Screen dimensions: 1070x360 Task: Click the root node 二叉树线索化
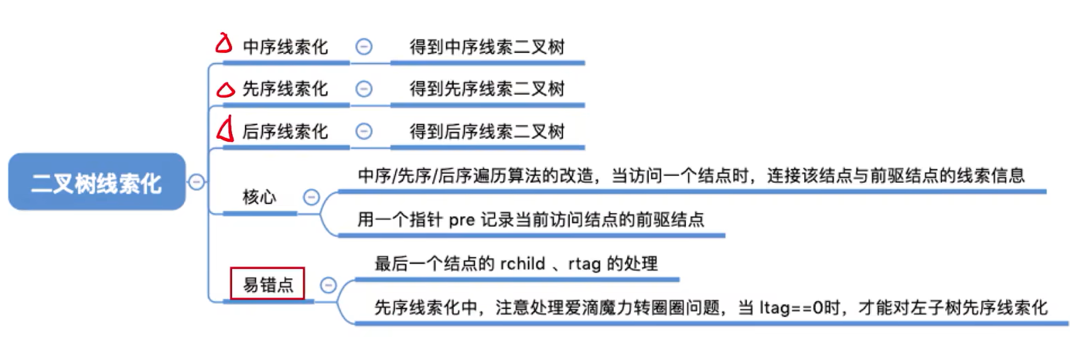(x=97, y=182)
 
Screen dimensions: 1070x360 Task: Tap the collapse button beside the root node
(x=196, y=182)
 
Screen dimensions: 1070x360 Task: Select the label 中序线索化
(x=285, y=47)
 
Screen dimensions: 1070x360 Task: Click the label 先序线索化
(x=285, y=89)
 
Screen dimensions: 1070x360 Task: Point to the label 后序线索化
(x=285, y=131)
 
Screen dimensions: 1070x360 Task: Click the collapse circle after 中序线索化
(x=364, y=47)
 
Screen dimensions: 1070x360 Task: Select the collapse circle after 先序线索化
(x=364, y=89)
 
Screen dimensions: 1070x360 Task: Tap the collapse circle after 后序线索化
(x=364, y=131)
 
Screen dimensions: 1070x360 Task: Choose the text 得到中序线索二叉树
(x=487, y=47)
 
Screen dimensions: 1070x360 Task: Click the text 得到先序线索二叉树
(x=487, y=89)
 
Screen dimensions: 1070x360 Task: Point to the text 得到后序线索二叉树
(x=487, y=131)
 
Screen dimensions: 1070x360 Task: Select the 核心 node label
(x=260, y=197)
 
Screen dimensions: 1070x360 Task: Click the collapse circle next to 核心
(x=312, y=197)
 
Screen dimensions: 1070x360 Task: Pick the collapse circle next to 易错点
(x=328, y=285)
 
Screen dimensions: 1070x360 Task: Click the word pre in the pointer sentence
(x=462, y=220)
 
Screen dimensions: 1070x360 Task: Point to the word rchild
(x=522, y=264)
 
